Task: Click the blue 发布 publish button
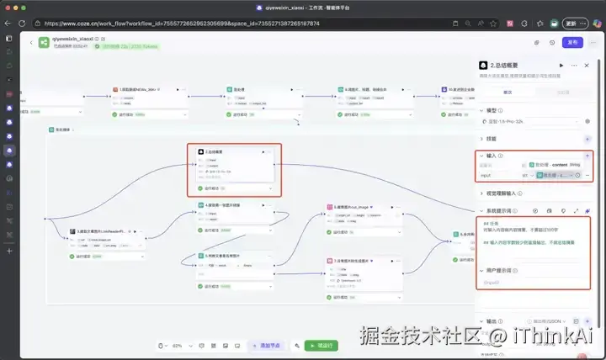pyautogui.click(x=573, y=42)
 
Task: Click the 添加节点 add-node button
pyautogui.click(x=265, y=346)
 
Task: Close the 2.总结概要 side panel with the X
pyautogui.click(x=587, y=65)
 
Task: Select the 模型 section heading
pyautogui.click(x=492, y=109)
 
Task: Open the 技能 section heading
pyautogui.click(x=492, y=139)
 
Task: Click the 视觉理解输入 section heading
pyautogui.click(x=505, y=193)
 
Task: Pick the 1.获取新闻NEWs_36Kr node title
pyautogui.click(x=139, y=87)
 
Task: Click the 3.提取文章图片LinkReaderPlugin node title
pyautogui.click(x=101, y=230)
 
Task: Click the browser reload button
pyautogui.click(x=31, y=24)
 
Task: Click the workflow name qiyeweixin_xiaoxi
pyautogui.click(x=72, y=39)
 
